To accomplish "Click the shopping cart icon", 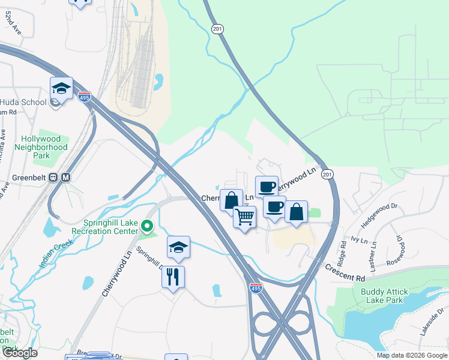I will pos(244,217).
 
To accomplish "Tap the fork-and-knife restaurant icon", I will pos(173,277).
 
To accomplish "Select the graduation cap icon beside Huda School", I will pos(61,89).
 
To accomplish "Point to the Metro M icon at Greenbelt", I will pos(65,178).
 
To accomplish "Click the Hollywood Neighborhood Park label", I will pos(41,146).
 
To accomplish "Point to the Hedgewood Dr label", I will pos(379,215).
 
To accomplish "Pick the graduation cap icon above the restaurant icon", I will pos(178,247).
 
